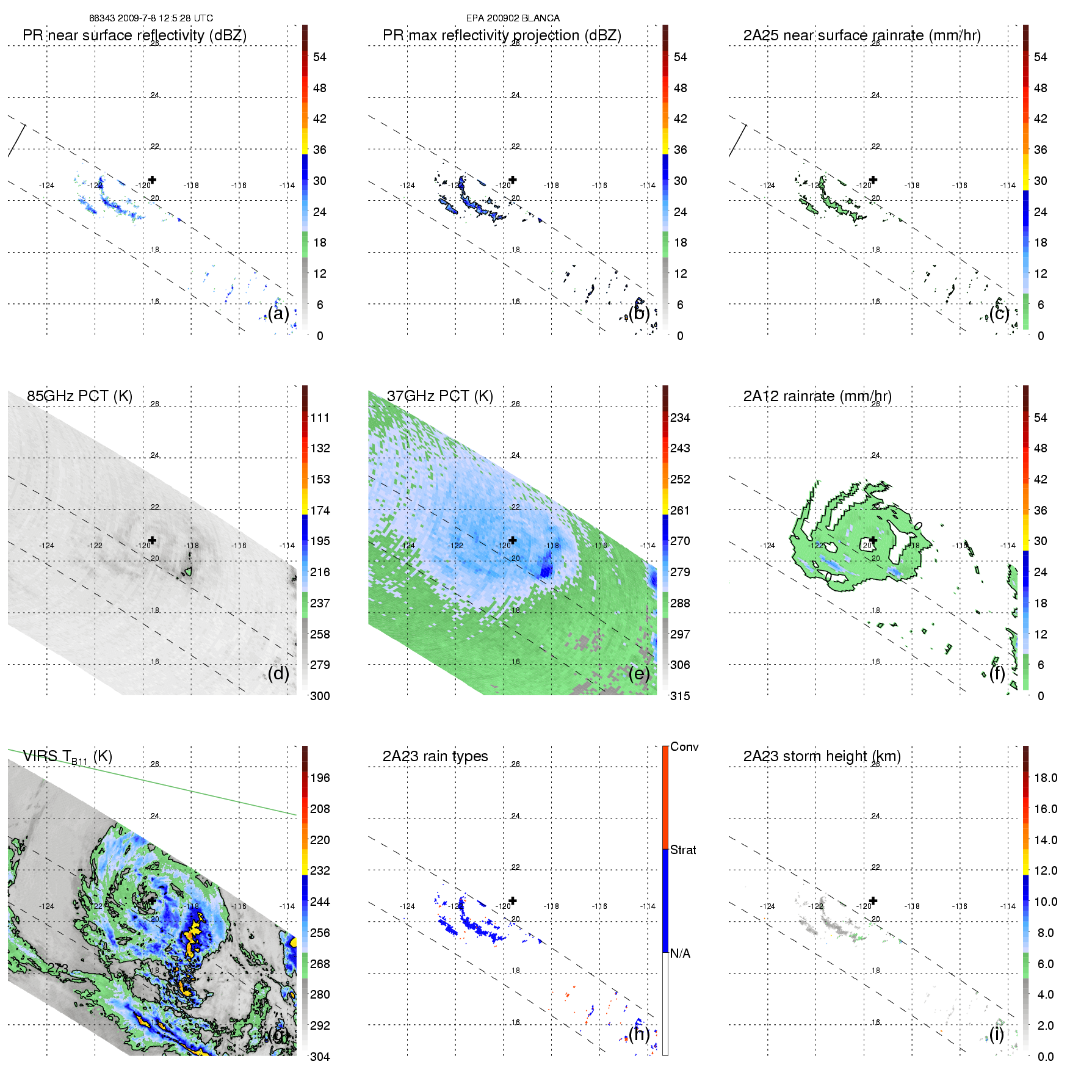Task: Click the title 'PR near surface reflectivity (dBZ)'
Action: point(134,35)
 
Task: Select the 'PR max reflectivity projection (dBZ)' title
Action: point(502,35)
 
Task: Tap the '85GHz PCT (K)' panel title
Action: point(79,396)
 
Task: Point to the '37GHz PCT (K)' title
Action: point(439,396)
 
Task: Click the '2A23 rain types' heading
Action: point(435,756)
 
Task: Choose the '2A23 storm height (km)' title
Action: point(822,756)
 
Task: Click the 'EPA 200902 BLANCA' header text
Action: point(513,18)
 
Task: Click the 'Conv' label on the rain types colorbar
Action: point(684,747)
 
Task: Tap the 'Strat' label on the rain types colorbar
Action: point(683,850)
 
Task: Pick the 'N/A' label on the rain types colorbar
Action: point(680,953)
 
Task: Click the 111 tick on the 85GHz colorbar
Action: point(320,418)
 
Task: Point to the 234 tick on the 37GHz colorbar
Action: point(680,418)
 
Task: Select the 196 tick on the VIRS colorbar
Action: point(320,778)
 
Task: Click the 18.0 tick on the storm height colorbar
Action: point(1045,778)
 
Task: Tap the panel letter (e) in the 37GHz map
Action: point(638,673)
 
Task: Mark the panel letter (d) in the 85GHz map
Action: point(278,673)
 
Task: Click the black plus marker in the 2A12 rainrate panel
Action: point(873,540)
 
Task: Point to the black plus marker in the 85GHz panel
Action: point(152,540)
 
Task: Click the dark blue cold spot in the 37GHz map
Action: point(546,568)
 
